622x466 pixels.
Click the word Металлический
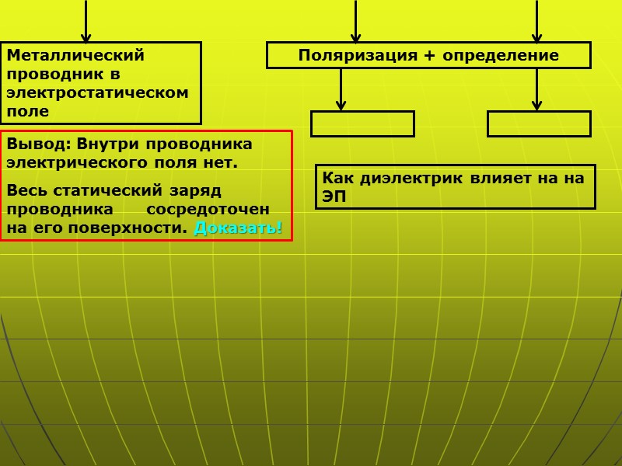[x=76, y=56]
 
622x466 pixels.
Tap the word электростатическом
[x=97, y=92]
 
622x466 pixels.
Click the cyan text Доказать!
[x=238, y=228]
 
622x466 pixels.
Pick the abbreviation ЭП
[x=334, y=197]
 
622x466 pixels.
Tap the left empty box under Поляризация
[x=362, y=124]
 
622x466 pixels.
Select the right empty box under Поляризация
[x=539, y=124]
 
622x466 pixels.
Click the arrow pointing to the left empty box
[x=341, y=90]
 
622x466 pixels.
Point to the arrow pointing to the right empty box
[x=536, y=90]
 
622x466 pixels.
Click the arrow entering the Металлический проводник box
[x=86, y=23]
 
